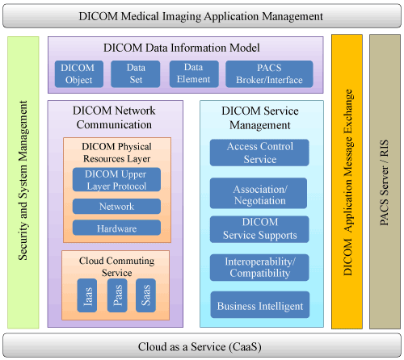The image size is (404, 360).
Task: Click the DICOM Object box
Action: (x=79, y=74)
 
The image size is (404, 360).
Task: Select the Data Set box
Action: (x=136, y=74)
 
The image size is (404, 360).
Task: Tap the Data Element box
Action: (x=194, y=74)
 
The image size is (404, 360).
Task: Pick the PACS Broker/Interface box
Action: (x=269, y=74)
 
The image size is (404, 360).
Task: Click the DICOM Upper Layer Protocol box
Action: (x=116, y=180)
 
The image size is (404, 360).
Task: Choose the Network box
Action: (x=116, y=207)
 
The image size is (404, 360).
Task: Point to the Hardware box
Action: (x=116, y=228)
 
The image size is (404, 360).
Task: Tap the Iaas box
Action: (x=87, y=295)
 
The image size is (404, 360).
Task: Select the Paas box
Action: (x=117, y=295)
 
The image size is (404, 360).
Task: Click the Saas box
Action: (x=145, y=295)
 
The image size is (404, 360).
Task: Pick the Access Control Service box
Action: (x=259, y=153)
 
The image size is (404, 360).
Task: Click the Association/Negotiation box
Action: (x=259, y=193)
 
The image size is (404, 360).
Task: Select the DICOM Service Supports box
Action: (x=259, y=229)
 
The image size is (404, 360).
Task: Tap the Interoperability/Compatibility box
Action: (x=259, y=267)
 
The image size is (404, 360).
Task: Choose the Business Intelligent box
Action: (x=260, y=305)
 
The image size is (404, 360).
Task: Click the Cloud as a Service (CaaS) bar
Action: (x=202, y=345)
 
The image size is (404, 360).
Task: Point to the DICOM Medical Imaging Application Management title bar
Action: (x=202, y=16)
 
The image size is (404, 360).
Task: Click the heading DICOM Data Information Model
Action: (x=182, y=48)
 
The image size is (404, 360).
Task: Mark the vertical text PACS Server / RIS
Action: (x=385, y=182)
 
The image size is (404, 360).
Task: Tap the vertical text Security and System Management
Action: (x=23, y=180)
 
